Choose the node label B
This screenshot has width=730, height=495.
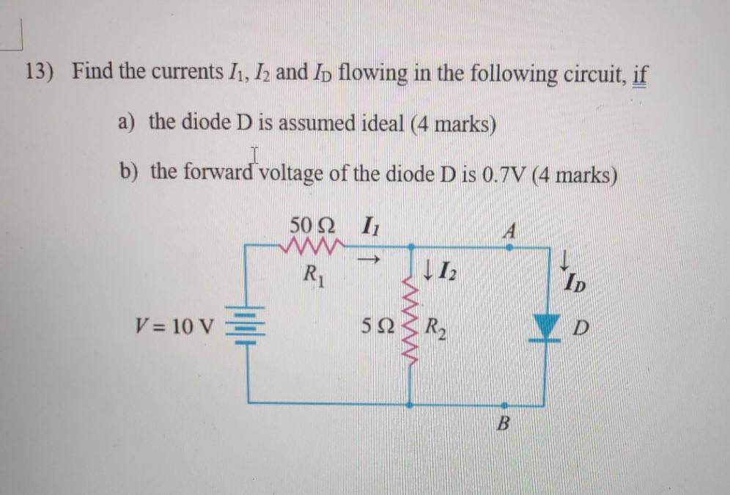point(504,423)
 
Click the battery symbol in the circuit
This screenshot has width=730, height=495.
point(248,326)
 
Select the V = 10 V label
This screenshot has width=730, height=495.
point(175,325)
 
